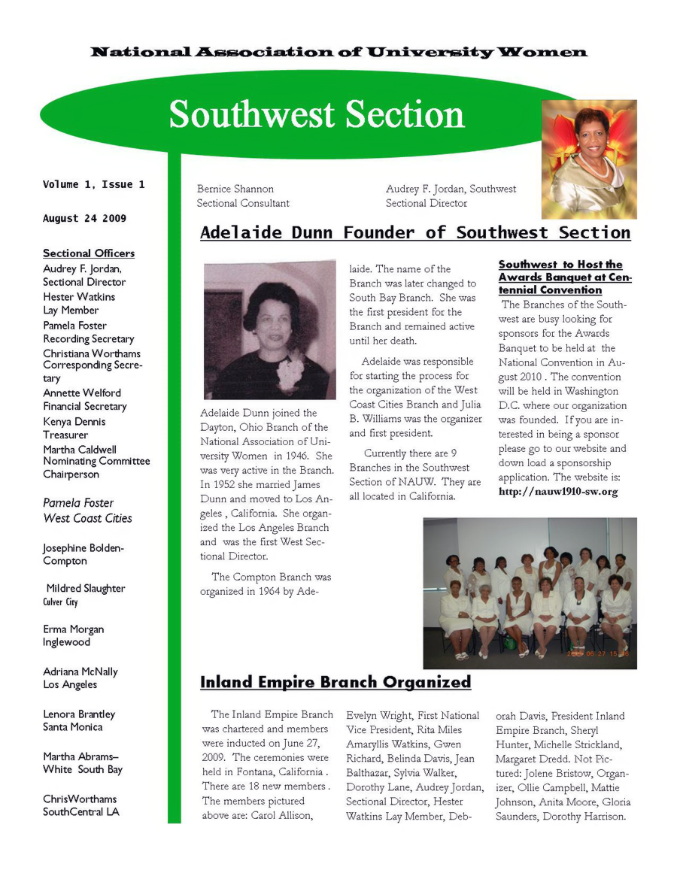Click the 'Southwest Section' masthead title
coord(317,114)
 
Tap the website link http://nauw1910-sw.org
coord(557,492)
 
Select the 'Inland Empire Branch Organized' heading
coord(335,682)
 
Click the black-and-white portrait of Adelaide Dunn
coord(269,329)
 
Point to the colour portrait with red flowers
coord(589,159)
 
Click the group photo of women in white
coord(530,593)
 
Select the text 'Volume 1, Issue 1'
coord(93,184)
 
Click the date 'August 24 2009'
coord(84,219)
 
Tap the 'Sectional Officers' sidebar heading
coord(89,253)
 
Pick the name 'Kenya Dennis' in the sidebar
coord(74,422)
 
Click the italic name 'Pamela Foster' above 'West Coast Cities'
coord(78,502)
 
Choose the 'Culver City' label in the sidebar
coord(60,602)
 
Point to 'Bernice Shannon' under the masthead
coord(235,189)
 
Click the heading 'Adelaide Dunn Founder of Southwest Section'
coord(415,232)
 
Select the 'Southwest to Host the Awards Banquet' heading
coord(565,277)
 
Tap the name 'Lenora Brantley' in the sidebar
coord(79,714)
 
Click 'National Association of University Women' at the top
coord(338,52)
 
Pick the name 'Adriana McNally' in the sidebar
coord(80,671)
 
